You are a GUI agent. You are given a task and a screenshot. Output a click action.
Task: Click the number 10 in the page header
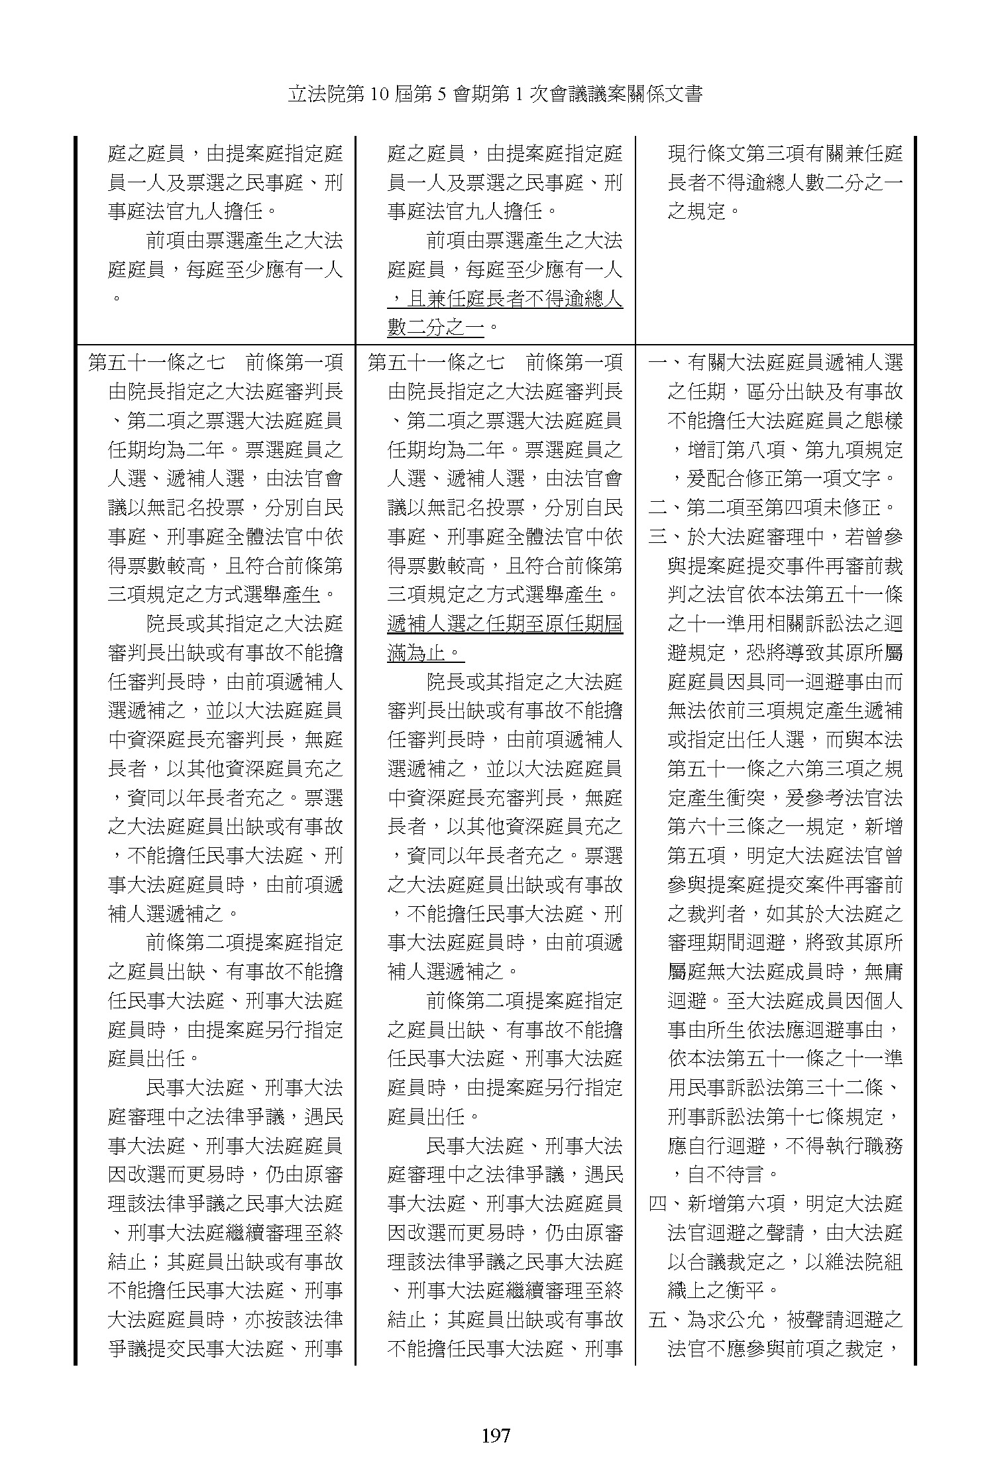[382, 95]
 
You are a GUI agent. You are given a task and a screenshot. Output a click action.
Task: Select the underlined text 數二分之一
[436, 328]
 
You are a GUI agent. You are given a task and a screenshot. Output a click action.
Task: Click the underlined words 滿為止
[424, 653]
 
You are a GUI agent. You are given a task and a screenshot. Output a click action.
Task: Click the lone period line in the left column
[117, 298]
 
